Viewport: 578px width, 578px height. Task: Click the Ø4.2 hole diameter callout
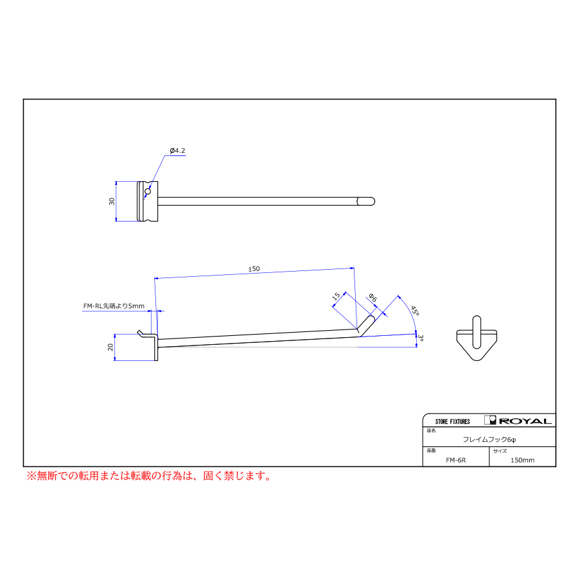tap(177, 150)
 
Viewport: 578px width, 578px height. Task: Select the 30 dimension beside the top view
tap(112, 201)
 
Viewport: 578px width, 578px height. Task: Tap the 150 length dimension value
tap(254, 268)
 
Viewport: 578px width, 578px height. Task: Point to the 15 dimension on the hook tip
tap(336, 296)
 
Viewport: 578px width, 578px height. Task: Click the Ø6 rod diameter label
tap(373, 297)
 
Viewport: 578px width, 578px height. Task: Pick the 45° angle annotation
tap(415, 310)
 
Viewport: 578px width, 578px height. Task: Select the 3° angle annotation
tap(421, 338)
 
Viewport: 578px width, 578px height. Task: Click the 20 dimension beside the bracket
tap(110, 347)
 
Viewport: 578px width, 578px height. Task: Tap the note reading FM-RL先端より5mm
tap(114, 306)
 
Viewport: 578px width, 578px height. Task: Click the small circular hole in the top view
tap(148, 191)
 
